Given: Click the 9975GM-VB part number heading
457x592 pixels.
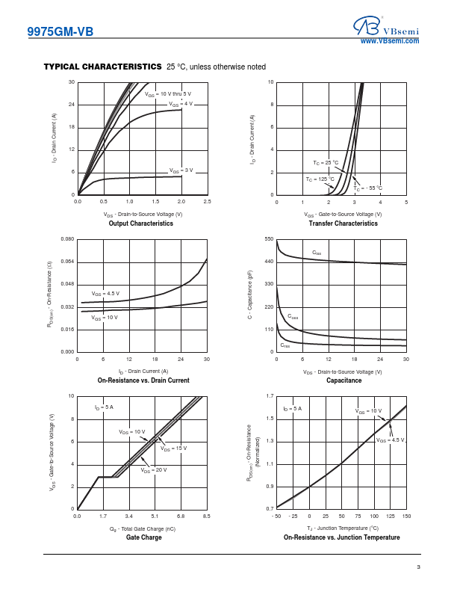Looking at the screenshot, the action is (x=60, y=31).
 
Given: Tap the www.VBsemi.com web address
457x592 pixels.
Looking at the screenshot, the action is (x=390, y=41).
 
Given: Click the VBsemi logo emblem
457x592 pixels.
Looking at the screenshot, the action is (x=367, y=25).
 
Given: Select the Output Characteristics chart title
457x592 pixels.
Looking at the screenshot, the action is (x=140, y=223).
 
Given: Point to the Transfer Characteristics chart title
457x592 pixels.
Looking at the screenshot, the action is (x=343, y=223).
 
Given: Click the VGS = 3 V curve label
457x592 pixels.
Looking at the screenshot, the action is (x=181, y=170).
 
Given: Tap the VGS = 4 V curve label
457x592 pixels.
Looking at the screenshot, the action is (x=181, y=104).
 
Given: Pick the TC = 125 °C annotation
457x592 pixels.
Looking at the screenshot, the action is (x=320, y=179).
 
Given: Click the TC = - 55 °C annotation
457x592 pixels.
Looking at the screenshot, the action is (x=367, y=188).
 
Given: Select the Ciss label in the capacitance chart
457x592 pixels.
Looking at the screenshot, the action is (x=317, y=253).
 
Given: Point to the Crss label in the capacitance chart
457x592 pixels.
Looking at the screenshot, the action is (x=285, y=345).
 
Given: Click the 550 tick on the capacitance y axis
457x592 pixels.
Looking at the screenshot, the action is (x=270, y=239).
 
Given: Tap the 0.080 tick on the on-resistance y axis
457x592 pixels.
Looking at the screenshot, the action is (x=67, y=239).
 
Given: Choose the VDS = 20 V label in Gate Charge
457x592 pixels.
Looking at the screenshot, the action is (x=154, y=470).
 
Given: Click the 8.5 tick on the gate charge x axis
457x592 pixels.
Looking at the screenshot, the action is (x=207, y=516).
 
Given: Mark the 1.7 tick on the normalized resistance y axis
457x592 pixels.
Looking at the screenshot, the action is (x=270, y=396).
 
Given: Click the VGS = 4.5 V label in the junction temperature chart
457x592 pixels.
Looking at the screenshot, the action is (x=391, y=440).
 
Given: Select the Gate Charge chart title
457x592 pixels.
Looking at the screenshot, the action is (x=143, y=537).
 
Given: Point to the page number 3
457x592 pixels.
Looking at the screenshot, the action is (x=418, y=567).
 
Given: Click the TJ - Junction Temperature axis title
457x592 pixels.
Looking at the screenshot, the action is (x=343, y=528).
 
